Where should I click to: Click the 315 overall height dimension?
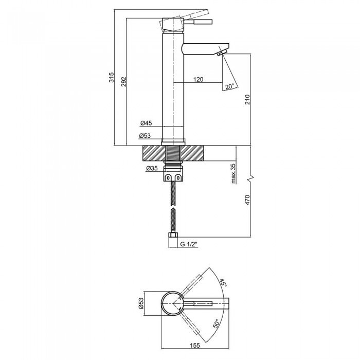pos(112,77)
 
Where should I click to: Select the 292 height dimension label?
pos(124,82)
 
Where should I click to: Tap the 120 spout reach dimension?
pos(199,79)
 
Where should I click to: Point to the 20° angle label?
pos(229,86)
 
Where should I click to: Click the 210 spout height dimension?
pos(247,99)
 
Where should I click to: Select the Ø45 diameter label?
pos(146,123)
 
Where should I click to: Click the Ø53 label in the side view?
pos(145,136)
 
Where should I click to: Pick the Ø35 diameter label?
pos(152,168)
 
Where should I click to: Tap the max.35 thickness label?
pos(233,174)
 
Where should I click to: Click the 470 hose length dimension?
pos(247,200)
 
